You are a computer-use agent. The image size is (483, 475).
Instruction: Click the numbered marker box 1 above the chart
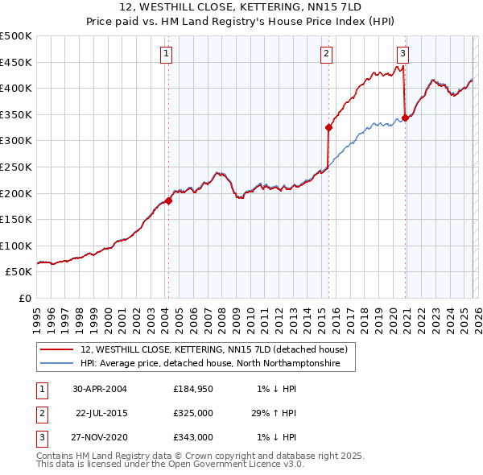(165, 54)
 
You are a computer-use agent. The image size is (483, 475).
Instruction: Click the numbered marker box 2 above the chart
(326, 54)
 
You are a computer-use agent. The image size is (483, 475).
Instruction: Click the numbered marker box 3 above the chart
(402, 54)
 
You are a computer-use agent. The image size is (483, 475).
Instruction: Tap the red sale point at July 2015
(328, 127)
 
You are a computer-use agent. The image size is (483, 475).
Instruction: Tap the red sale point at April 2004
(168, 200)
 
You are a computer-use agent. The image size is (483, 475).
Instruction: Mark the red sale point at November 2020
(405, 118)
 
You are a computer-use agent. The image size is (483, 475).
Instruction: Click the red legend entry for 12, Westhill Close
(213, 349)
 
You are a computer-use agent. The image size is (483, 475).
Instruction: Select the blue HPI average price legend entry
(210, 364)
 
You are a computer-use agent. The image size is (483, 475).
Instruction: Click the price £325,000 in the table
(193, 413)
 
